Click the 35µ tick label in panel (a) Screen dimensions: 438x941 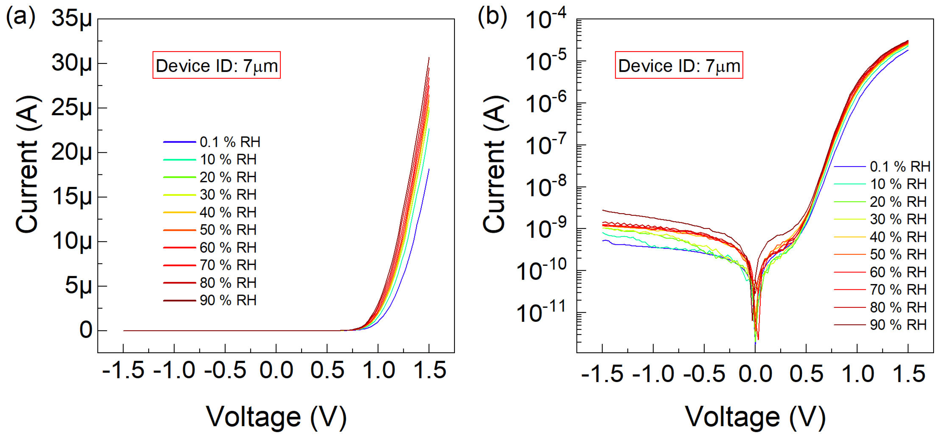pos(72,19)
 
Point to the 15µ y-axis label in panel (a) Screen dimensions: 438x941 pos(72,198)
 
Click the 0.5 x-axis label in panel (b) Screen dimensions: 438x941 pos(806,374)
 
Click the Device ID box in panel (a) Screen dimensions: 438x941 pos(216,65)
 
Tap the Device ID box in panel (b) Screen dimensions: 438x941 pos(679,65)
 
